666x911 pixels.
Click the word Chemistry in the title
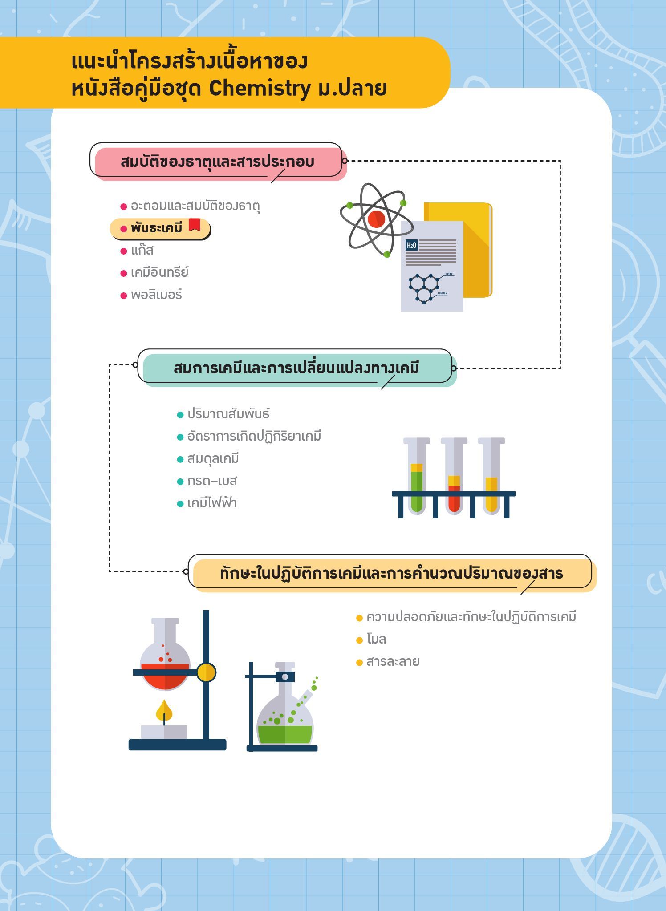click(x=259, y=89)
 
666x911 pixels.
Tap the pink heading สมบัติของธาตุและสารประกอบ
click(x=217, y=162)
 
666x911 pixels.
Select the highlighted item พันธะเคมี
click(x=156, y=228)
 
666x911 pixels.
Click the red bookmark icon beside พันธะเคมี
click(x=195, y=225)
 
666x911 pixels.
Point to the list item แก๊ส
click(x=142, y=250)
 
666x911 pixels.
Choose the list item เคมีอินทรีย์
click(x=159, y=272)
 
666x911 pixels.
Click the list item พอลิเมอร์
click(x=156, y=295)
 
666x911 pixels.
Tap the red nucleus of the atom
click(x=376, y=219)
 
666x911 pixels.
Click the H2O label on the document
click(x=411, y=245)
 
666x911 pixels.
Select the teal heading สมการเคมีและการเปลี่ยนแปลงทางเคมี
click(x=296, y=368)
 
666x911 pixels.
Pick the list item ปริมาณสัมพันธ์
click(x=228, y=414)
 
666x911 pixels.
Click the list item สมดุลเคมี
click(x=213, y=458)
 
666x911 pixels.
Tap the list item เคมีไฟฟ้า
click(x=212, y=503)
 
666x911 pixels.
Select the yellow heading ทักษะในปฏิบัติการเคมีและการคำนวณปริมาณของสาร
click(x=391, y=573)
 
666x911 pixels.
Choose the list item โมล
click(x=376, y=639)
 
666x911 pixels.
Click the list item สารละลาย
click(x=393, y=661)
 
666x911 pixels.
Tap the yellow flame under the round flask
click(x=164, y=711)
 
